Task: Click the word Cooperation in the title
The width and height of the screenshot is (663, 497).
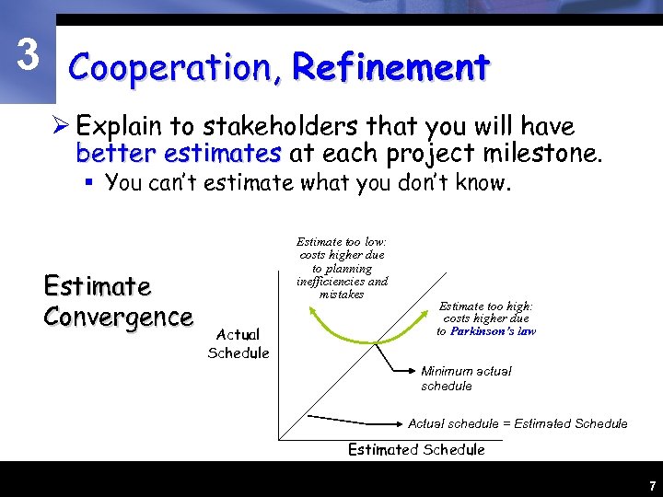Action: coord(174,67)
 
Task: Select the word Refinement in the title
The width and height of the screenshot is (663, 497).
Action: coord(390,67)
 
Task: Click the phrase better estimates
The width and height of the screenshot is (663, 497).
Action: coord(179,152)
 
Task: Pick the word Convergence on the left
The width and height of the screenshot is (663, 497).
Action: coord(118,317)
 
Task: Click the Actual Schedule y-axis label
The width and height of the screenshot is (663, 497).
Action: coord(238,343)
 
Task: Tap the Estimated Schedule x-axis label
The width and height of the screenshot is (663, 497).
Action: coord(415,449)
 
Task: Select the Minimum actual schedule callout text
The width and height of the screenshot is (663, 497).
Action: coord(466,378)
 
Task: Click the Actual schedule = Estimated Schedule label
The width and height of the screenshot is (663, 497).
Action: coord(518,423)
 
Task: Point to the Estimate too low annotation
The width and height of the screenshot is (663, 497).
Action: coord(342,268)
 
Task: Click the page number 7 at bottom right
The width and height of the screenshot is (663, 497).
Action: coord(651,486)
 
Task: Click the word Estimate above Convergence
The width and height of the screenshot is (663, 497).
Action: coord(97,286)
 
